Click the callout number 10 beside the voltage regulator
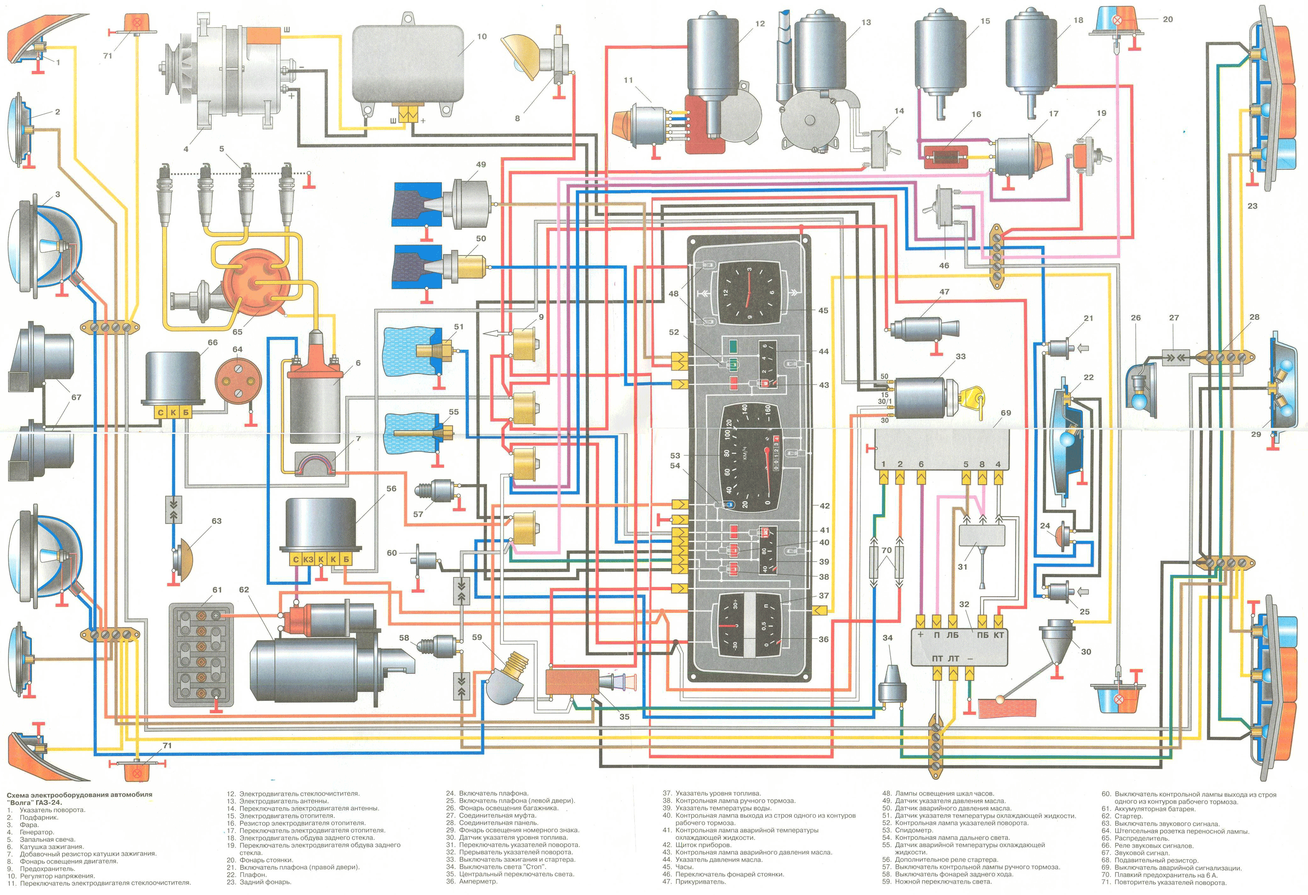coord(481,37)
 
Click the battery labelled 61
coord(201,655)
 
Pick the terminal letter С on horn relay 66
coord(160,412)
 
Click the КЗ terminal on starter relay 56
coord(308,559)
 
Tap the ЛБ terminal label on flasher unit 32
coord(952,635)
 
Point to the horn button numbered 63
coord(183,557)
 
